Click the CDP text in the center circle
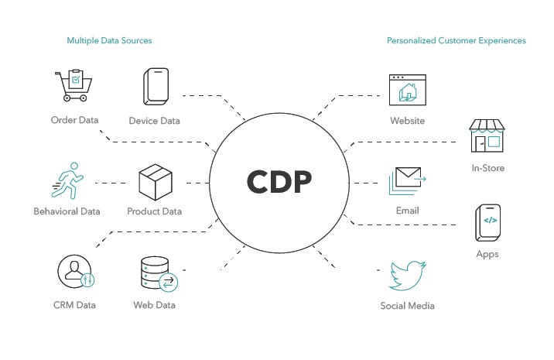click(x=279, y=181)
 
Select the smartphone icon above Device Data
click(x=155, y=87)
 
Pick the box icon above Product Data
click(x=154, y=183)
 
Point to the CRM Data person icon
click(x=75, y=273)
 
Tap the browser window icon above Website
click(x=407, y=90)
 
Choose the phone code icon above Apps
click(x=488, y=223)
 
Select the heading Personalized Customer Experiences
click(x=457, y=40)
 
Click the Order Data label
click(x=74, y=121)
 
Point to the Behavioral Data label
click(x=67, y=211)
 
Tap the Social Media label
click(x=407, y=306)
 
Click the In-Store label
click(x=487, y=168)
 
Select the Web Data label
click(x=154, y=305)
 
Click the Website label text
click(x=407, y=121)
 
